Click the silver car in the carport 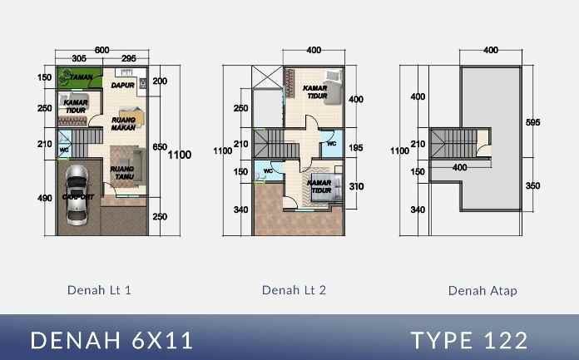tap(77, 195)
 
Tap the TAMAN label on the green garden tap(81, 76)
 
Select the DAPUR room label tap(122, 84)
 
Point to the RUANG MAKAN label tap(123, 123)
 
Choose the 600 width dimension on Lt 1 tap(101, 50)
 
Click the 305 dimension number tap(80, 59)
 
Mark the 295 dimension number tap(129, 59)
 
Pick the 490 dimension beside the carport tap(44, 197)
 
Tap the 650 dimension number tap(160, 147)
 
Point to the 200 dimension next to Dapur tap(161, 81)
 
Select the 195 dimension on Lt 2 tap(356, 147)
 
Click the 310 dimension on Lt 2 tap(356, 186)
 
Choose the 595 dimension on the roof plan tap(533, 122)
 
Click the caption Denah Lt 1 tap(99, 290)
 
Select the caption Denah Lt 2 tap(294, 290)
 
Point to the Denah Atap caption tap(482, 290)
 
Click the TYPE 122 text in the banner tap(469, 340)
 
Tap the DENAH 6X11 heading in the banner tap(112, 340)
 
